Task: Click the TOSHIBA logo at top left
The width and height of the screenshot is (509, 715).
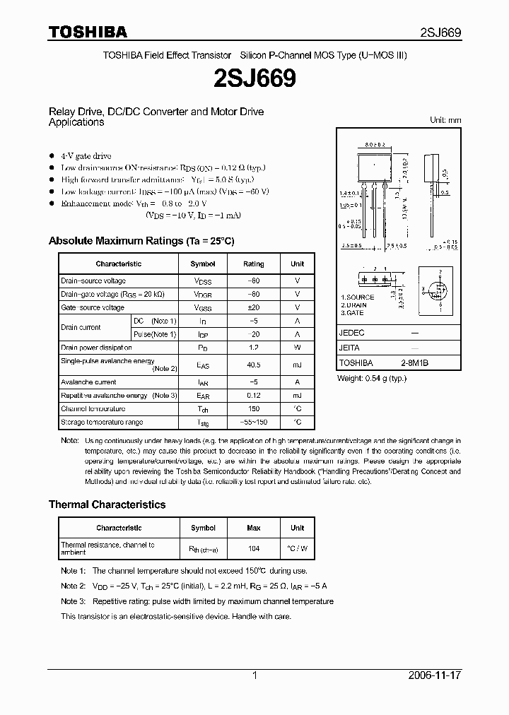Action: pyautogui.click(x=88, y=32)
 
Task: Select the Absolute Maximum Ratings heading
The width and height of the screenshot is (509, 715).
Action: pyautogui.click(x=141, y=241)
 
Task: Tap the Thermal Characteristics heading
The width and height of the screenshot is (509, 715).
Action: pyautogui.click(x=107, y=504)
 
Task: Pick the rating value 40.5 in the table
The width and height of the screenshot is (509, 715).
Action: pyautogui.click(x=253, y=365)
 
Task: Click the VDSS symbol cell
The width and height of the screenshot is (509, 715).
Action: pyautogui.click(x=203, y=280)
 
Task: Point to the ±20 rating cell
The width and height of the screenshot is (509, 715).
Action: pyautogui.click(x=253, y=307)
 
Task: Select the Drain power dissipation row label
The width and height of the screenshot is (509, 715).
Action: pyautogui.click(x=96, y=348)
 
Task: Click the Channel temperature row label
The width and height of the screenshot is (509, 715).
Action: pyautogui.click(x=93, y=408)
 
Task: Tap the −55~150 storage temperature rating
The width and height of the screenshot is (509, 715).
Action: pyautogui.click(x=253, y=422)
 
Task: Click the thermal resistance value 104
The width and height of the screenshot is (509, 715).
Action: pyautogui.click(x=253, y=548)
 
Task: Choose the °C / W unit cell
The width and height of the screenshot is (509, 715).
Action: pyautogui.click(x=297, y=548)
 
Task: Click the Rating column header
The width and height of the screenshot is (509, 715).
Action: pyautogui.click(x=253, y=264)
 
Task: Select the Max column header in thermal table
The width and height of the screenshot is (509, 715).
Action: pyautogui.click(x=253, y=528)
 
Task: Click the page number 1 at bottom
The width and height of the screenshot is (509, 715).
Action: pyautogui.click(x=255, y=675)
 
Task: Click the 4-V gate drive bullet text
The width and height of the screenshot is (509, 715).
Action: pyautogui.click(x=86, y=155)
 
